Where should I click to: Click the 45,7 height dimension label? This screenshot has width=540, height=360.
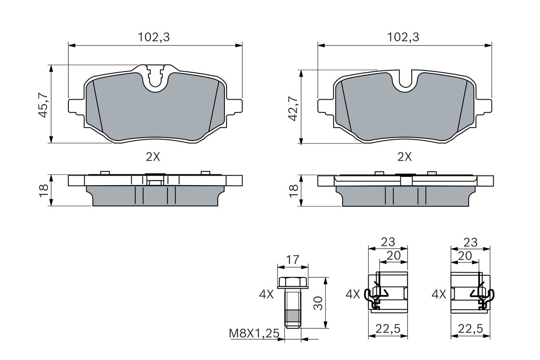click(43, 105)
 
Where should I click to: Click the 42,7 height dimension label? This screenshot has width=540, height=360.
click(293, 108)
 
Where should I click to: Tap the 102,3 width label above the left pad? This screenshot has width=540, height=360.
click(154, 38)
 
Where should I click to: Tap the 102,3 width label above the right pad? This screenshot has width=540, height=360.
click(403, 38)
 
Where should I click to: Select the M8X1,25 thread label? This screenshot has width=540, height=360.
click(254, 333)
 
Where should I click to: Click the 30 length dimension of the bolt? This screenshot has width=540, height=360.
click(319, 303)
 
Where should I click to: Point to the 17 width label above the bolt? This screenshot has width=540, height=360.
click(292, 260)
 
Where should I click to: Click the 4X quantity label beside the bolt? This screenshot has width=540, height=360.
click(266, 295)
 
